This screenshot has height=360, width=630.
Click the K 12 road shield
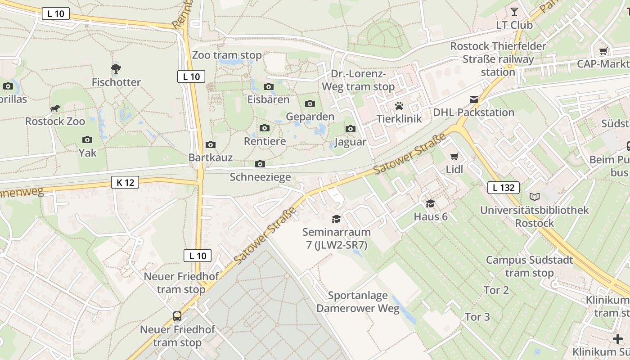pos(125,182)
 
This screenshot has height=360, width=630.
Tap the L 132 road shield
pos(504,187)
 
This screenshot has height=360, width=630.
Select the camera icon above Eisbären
pos(269,87)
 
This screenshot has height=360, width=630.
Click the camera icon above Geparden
pos(310,104)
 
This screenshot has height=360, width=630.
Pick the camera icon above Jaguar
pos(351,129)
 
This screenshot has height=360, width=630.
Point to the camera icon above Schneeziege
pos(260,164)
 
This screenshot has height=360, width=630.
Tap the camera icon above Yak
pos(87,140)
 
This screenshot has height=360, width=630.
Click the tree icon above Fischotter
pos(116,69)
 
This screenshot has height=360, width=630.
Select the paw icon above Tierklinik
pos(399,106)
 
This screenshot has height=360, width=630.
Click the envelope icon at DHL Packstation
pos(474,99)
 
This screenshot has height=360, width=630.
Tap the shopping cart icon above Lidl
pos(454,157)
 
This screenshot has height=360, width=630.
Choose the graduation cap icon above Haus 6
pos(431,203)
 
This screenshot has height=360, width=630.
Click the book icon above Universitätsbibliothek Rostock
pos(534,197)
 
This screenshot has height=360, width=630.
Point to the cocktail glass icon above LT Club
pos(514,11)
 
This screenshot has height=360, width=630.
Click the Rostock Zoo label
pos(55,121)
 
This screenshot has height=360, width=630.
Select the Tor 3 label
pos(477,317)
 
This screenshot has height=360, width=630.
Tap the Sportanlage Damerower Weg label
pos(358,302)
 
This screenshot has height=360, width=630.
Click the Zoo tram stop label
pos(227,55)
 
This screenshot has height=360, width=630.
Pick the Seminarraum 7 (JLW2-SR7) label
pos(337,238)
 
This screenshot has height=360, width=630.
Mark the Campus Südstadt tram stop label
pos(530,266)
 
